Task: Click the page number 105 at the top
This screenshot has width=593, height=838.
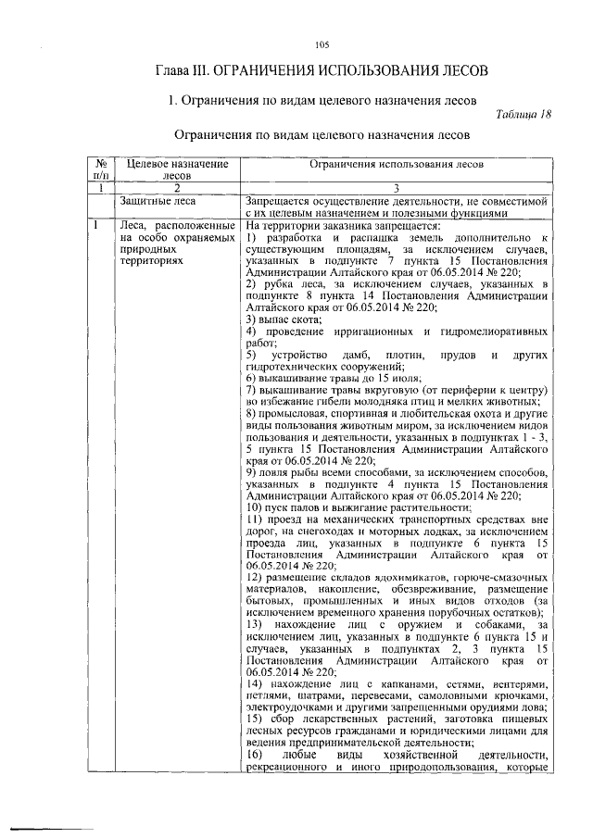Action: click(x=322, y=45)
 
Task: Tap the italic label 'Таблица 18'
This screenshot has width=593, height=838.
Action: click(x=523, y=115)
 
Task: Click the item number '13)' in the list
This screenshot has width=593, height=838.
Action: click(x=257, y=626)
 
